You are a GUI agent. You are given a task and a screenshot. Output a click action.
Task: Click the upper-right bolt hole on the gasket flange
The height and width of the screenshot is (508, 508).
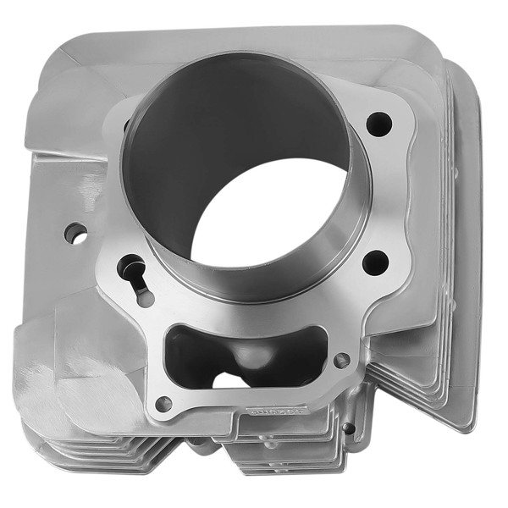click(x=379, y=124)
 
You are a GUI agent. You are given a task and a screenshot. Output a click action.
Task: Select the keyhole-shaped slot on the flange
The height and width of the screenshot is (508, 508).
click(x=134, y=273)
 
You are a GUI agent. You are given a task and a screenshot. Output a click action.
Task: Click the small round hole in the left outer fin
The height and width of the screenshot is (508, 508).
click(x=75, y=233)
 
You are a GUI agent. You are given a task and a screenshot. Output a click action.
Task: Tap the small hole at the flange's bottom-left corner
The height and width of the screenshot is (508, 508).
click(x=163, y=404)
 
